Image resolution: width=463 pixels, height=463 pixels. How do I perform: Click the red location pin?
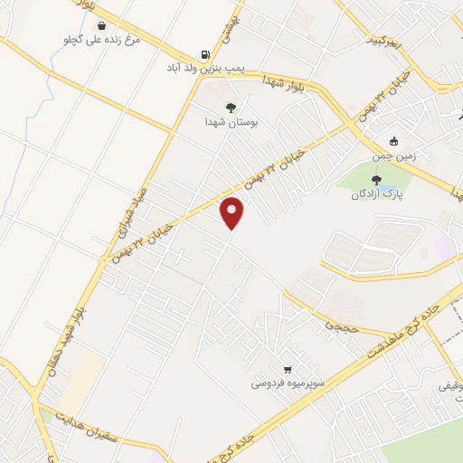point(232,213)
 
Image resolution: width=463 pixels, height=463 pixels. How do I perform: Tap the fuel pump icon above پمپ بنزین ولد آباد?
point(205,54)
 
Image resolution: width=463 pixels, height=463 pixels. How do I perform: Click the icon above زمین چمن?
point(392,141)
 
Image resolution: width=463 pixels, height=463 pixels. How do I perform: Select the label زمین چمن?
point(392,156)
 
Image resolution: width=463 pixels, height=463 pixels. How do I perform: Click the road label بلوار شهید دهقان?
point(76,310)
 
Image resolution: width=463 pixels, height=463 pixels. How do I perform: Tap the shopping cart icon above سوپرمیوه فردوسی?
point(287,369)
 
